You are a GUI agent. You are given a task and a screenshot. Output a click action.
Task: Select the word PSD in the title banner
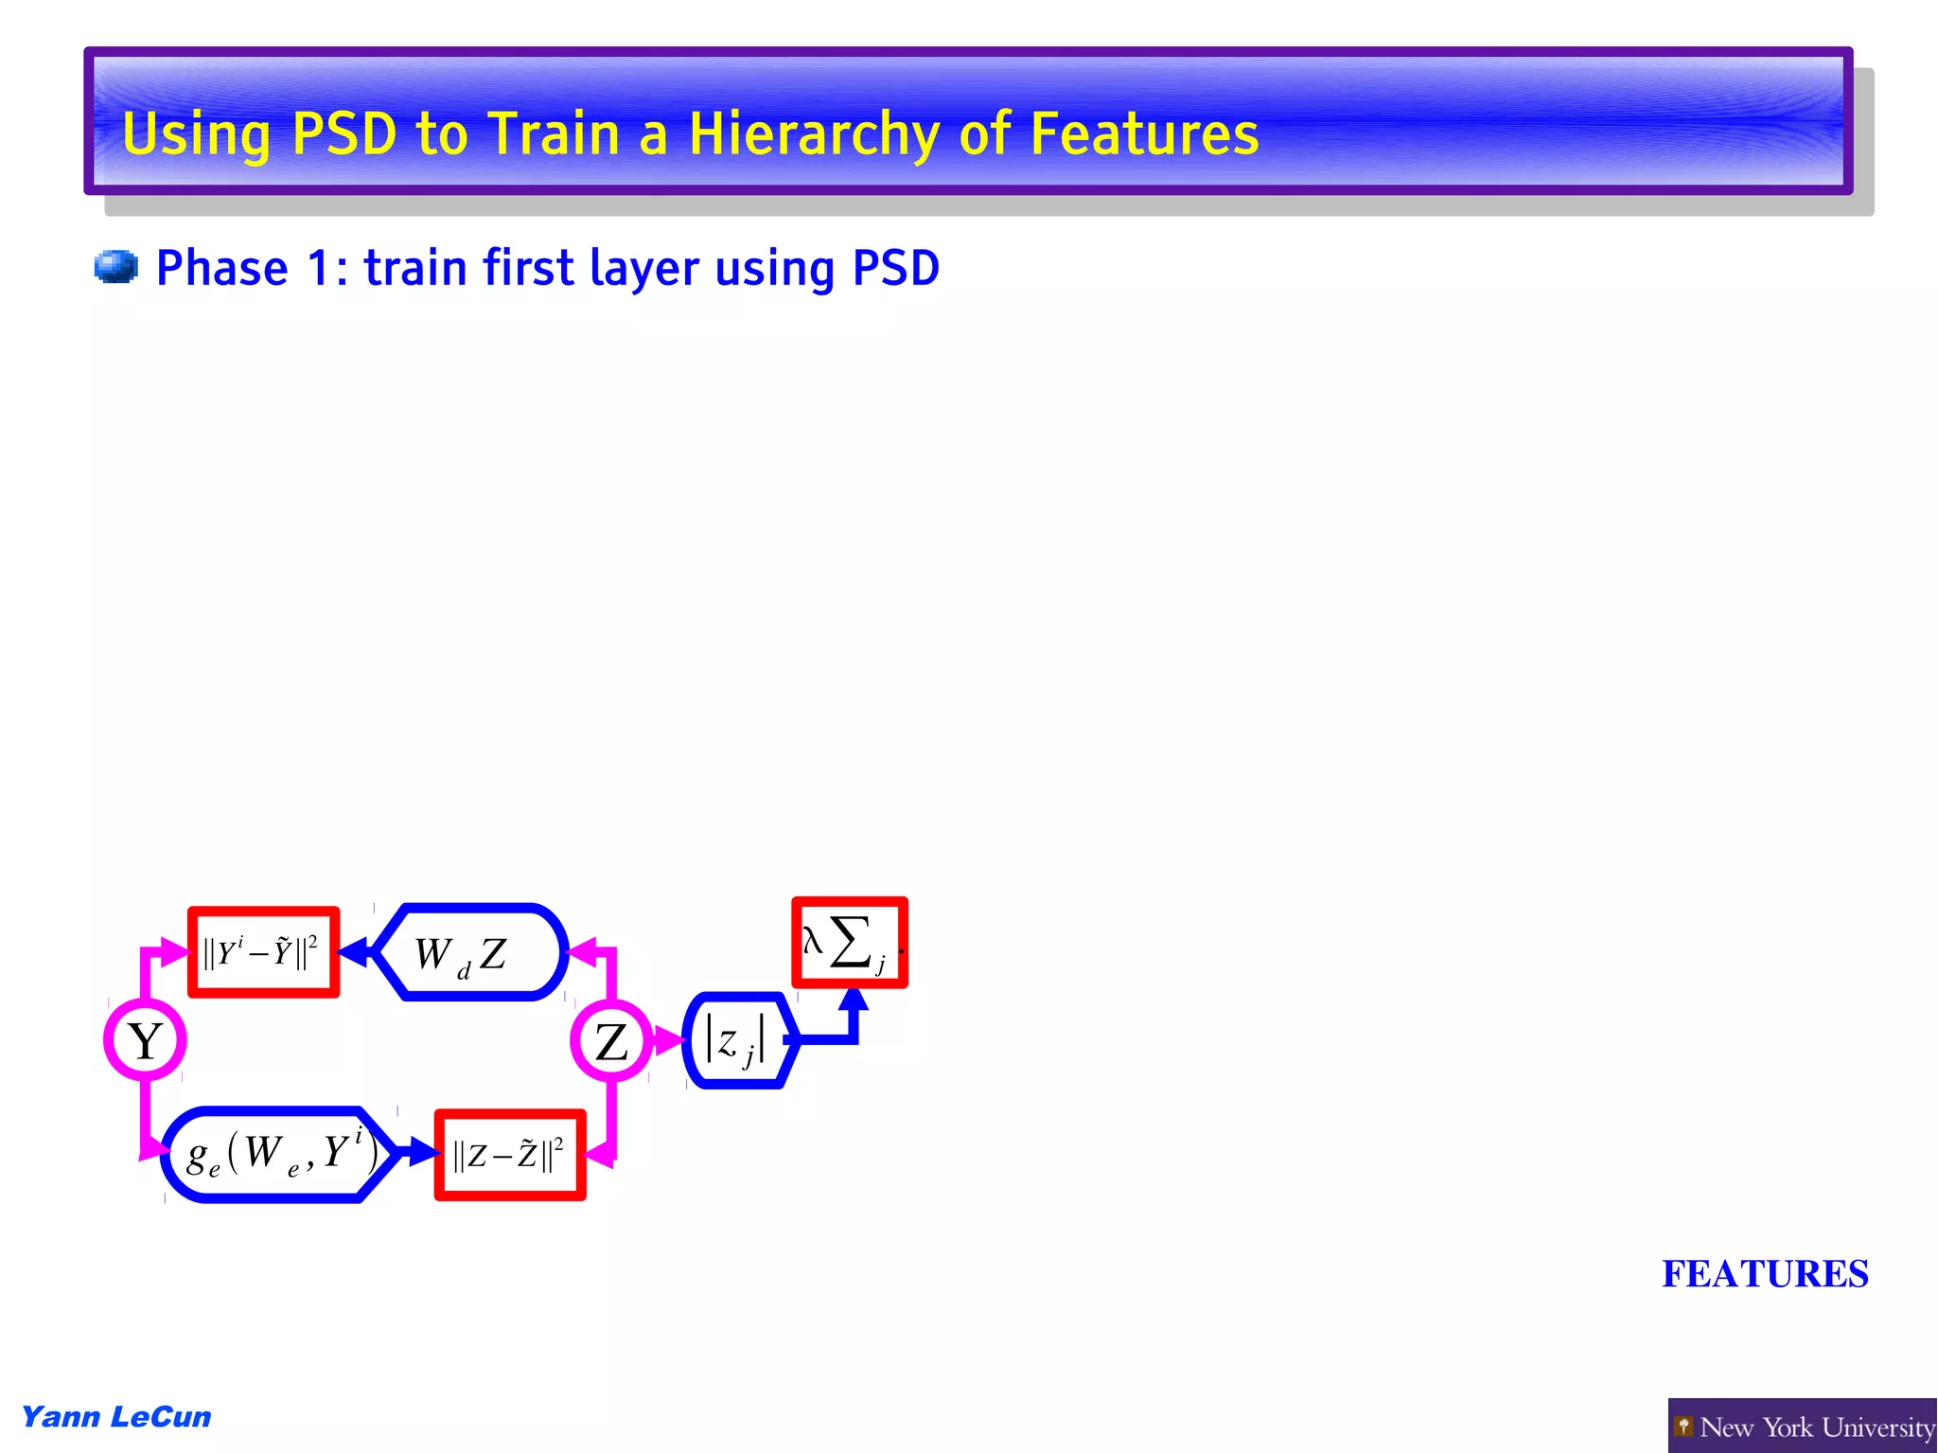344,133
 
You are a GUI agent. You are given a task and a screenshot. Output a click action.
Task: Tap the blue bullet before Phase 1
116,267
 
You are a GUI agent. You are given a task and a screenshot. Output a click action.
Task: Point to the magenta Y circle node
145,1040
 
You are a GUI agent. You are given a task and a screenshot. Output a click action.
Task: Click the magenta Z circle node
611,1040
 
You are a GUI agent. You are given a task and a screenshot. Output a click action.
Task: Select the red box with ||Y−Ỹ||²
263,952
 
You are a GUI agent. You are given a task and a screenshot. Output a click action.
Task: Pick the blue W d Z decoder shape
470,952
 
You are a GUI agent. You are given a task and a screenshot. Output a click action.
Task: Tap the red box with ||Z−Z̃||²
510,1155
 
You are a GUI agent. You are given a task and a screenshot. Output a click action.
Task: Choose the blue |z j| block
738,1040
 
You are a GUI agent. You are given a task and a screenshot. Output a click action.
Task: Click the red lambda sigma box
849,943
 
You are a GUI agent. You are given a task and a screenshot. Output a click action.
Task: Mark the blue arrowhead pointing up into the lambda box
854,1000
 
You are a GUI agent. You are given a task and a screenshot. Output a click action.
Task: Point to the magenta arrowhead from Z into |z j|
669,1040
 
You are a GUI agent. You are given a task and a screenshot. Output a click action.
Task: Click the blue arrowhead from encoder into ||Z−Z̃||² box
422,1152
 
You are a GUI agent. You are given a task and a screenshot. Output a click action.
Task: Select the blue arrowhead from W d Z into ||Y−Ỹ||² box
353,952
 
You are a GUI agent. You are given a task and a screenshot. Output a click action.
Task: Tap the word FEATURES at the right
1765,1274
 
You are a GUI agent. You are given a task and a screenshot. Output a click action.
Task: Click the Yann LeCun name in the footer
116,1417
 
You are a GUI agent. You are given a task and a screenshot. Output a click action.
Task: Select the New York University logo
1803,1426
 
